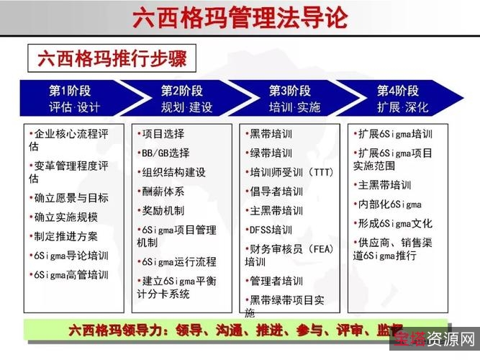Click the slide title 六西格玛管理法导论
click(x=240, y=18)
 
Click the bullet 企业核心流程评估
click(x=68, y=140)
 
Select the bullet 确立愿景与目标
click(x=70, y=197)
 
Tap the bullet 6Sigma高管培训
click(x=70, y=274)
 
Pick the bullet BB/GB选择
click(x=165, y=153)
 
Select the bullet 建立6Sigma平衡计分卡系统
click(x=176, y=287)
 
